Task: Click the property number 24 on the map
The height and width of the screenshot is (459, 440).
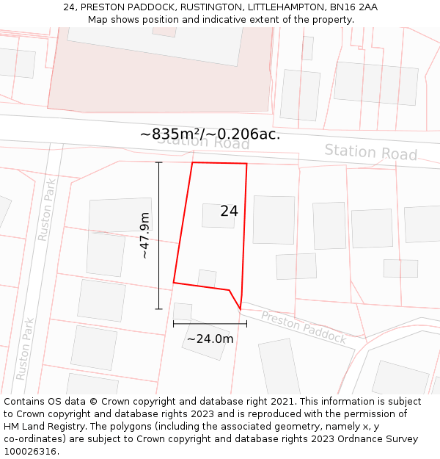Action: pyautogui.click(x=229, y=212)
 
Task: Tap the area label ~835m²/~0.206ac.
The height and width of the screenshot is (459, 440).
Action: pyautogui.click(x=210, y=134)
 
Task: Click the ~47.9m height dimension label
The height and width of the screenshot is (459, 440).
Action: pyautogui.click(x=144, y=235)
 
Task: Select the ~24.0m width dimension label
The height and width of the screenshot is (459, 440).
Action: pyautogui.click(x=210, y=339)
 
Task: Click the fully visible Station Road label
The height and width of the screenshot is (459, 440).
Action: pyautogui.click(x=370, y=152)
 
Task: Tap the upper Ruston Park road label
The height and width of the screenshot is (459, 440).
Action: pyautogui.click(x=47, y=211)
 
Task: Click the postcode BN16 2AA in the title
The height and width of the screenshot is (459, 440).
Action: pyautogui.click(x=354, y=7)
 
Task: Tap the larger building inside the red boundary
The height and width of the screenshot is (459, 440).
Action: pyautogui.click(x=219, y=215)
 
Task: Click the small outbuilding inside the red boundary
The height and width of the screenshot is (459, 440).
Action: pyautogui.click(x=207, y=278)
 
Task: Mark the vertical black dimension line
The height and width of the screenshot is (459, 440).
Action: pyautogui.click(x=158, y=235)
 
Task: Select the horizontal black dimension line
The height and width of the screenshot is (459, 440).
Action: pyautogui.click(x=210, y=323)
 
